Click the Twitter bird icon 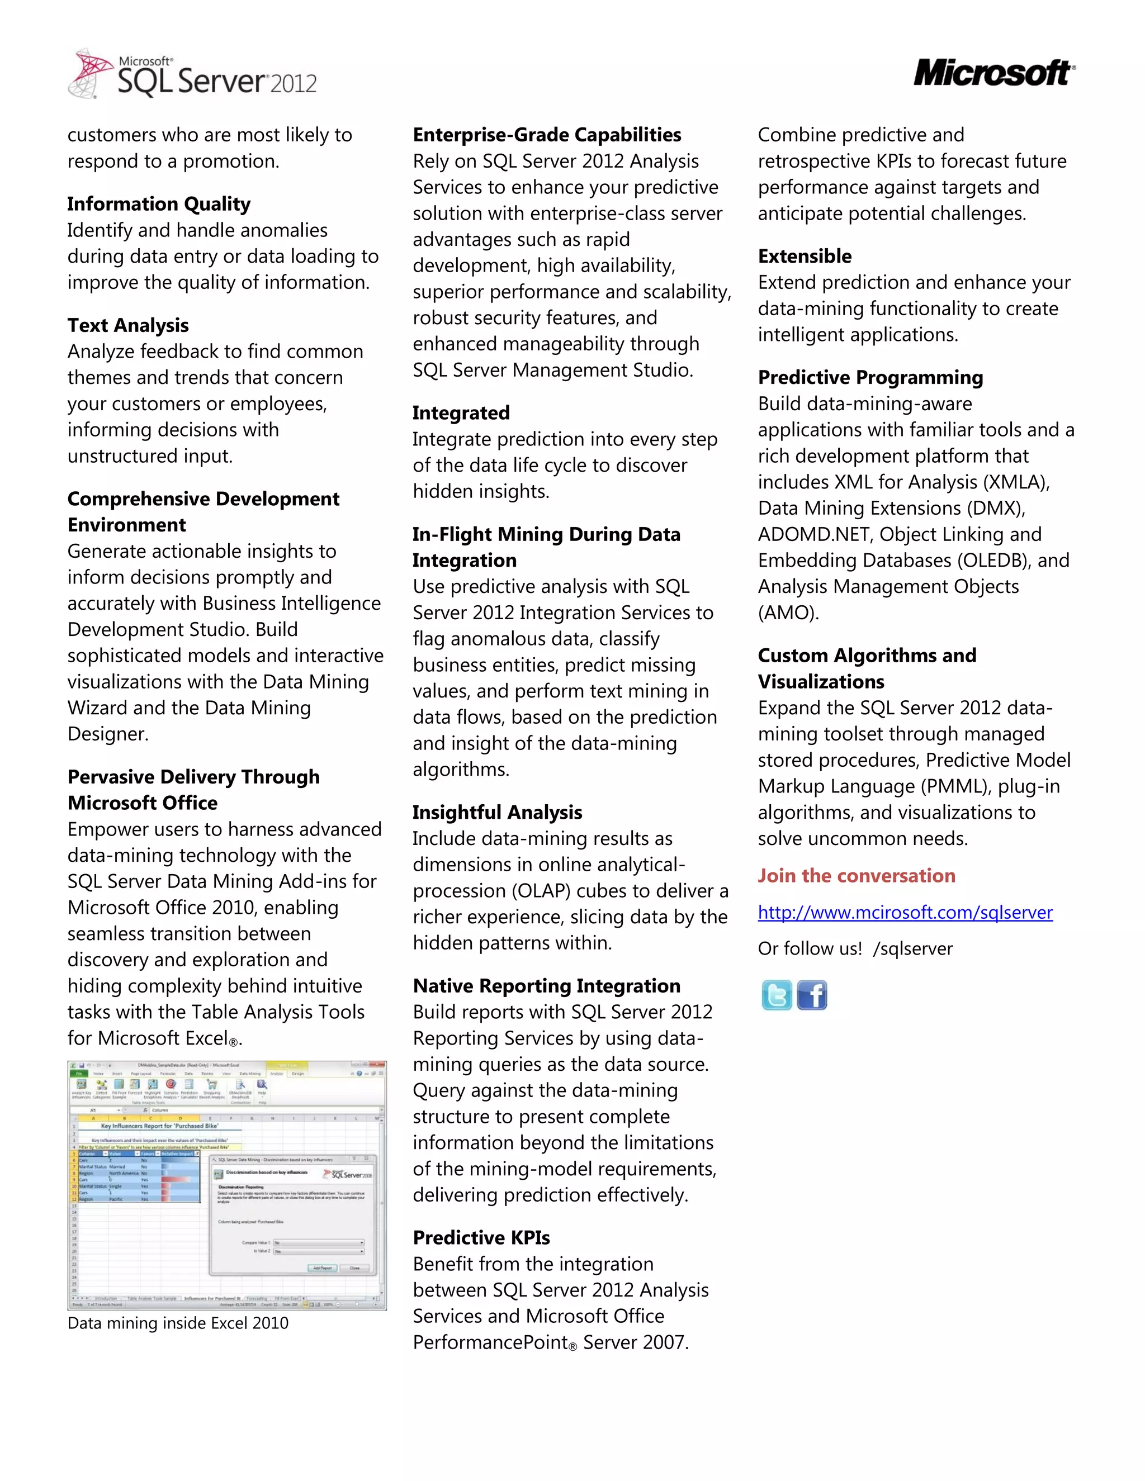click(x=776, y=995)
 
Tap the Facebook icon click(x=812, y=995)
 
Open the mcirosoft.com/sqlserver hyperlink click(x=905, y=912)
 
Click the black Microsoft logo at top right click(x=993, y=73)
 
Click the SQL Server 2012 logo click(x=193, y=74)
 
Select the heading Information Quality click(x=159, y=203)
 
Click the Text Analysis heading click(x=128, y=325)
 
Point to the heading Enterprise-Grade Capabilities click(x=547, y=134)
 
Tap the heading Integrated click(x=461, y=412)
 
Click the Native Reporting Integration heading click(x=547, y=985)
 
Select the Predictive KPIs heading click(x=481, y=1237)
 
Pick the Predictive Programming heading click(x=870, y=377)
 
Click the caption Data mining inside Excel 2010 click(x=178, y=1323)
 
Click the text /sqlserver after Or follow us click(x=913, y=949)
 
